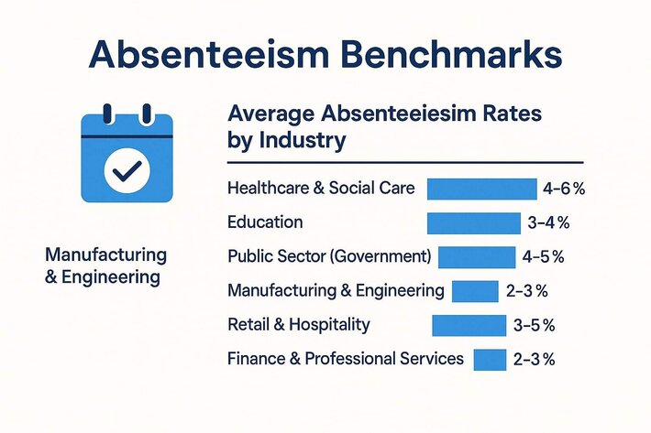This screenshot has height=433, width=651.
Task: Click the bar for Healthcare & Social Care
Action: click(481, 189)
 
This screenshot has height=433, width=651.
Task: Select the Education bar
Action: click(473, 222)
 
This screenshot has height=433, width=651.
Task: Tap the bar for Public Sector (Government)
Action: click(477, 256)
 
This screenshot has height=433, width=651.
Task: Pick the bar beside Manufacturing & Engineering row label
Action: click(475, 291)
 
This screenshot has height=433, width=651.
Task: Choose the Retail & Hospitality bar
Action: click(469, 325)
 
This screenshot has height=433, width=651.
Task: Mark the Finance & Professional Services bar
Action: click(490, 359)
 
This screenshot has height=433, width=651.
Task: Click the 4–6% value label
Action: click(563, 189)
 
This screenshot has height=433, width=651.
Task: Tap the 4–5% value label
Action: click(545, 256)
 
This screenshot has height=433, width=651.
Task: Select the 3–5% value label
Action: click(535, 325)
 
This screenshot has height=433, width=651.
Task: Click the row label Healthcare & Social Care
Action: click(321, 189)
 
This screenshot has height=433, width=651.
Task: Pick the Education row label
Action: click(265, 222)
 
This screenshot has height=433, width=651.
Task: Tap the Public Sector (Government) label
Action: click(329, 256)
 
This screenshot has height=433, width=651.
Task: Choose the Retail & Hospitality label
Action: click(299, 325)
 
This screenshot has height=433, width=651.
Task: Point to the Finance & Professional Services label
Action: click(346, 359)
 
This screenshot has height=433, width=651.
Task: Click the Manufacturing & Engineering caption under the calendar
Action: click(105, 264)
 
